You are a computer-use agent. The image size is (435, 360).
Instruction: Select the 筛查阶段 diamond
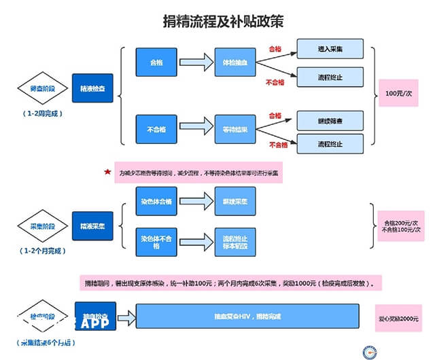39,88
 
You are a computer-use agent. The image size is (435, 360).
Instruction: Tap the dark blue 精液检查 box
92,88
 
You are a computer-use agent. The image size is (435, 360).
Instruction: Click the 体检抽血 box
234,62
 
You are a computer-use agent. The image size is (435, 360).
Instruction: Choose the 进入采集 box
330,50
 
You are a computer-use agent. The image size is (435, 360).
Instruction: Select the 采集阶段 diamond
39,226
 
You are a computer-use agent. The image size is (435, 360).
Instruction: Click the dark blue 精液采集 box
92,226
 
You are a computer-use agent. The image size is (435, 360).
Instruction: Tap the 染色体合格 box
156,202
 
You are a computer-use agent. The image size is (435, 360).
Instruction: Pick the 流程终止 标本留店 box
235,242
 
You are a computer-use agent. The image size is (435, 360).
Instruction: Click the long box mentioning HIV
247,317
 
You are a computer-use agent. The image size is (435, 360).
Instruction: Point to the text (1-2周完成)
41,113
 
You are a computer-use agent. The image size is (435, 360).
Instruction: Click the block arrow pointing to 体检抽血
196,62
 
